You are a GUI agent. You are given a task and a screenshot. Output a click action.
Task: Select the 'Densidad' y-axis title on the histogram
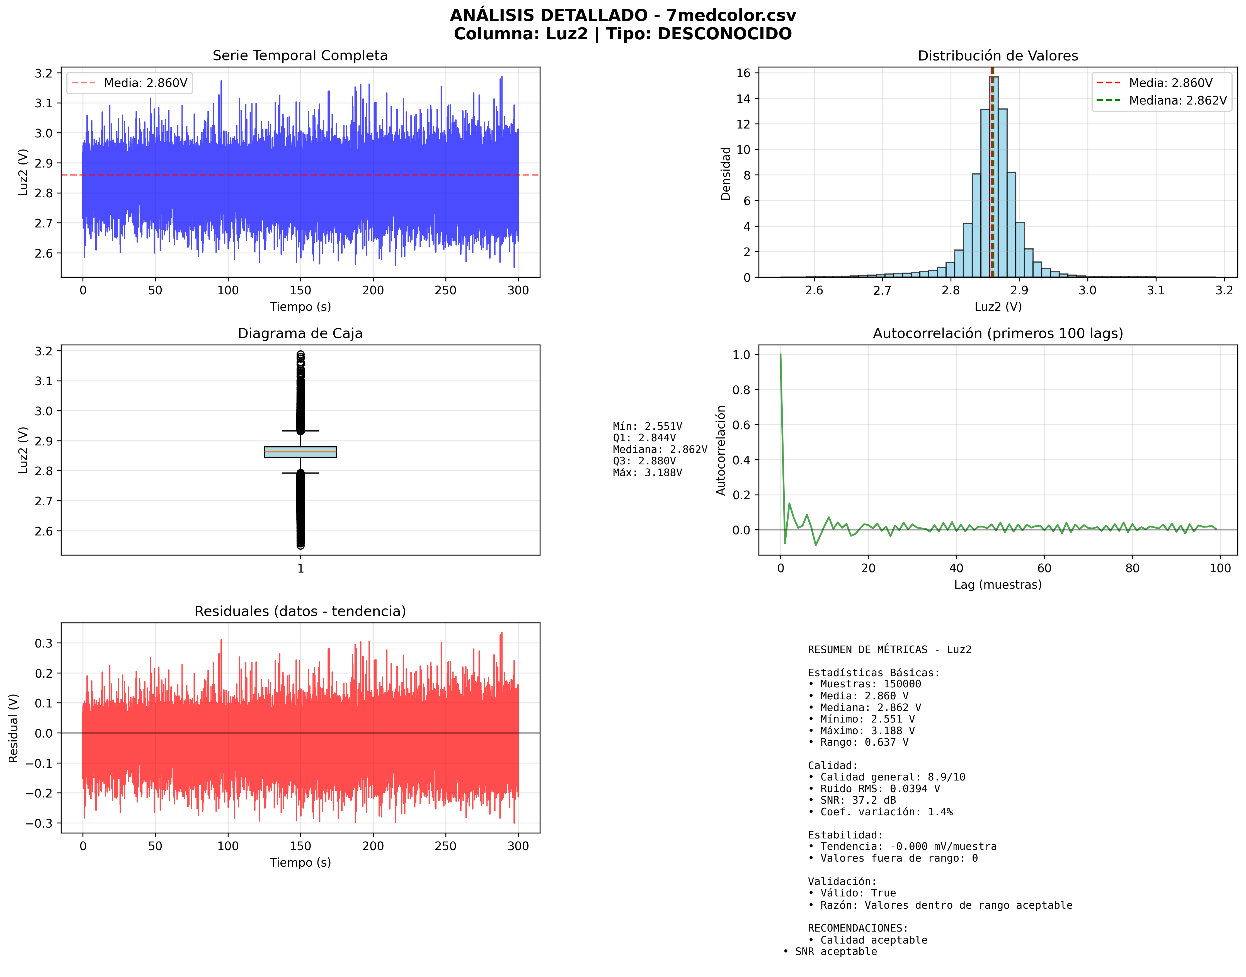coord(725,173)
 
